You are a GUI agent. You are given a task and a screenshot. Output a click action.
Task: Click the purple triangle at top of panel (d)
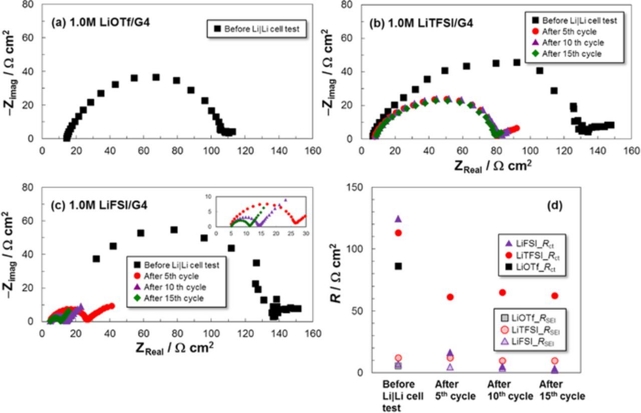pos(398,219)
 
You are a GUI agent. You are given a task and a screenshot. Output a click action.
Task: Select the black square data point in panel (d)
pos(398,266)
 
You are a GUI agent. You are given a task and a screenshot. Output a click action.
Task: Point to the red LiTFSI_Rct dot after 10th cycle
pos(502,292)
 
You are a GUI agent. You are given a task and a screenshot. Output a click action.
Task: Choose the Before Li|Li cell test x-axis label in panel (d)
pos(398,396)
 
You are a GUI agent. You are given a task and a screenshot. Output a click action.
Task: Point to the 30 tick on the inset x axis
pos(305,233)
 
